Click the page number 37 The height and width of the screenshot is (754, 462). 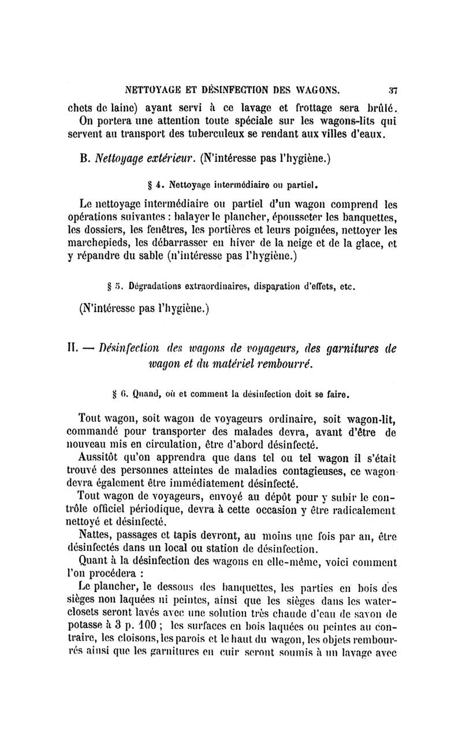click(390, 90)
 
